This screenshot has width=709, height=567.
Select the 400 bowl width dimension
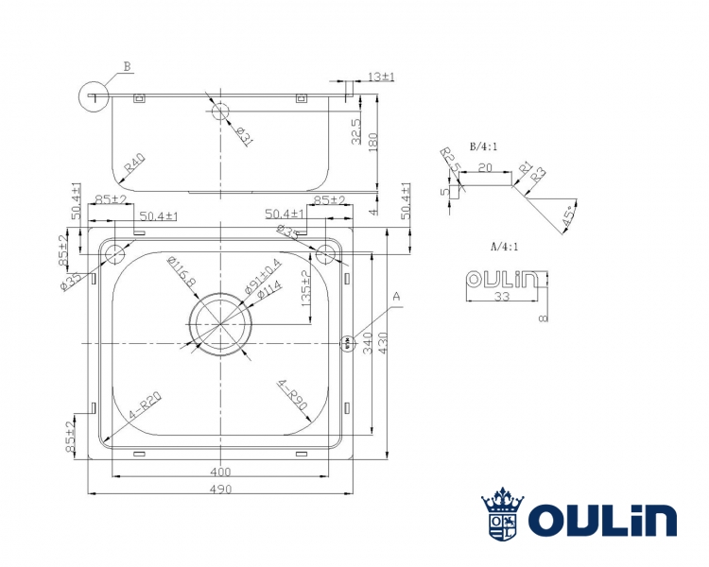point(220,471)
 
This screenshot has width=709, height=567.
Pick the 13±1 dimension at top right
point(380,77)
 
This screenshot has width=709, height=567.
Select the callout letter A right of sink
point(397,296)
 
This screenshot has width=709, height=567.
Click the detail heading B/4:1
point(484,147)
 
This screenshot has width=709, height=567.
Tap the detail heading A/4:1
point(505,246)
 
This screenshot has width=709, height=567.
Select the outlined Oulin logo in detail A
point(501,279)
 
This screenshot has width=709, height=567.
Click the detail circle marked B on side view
point(95,96)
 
